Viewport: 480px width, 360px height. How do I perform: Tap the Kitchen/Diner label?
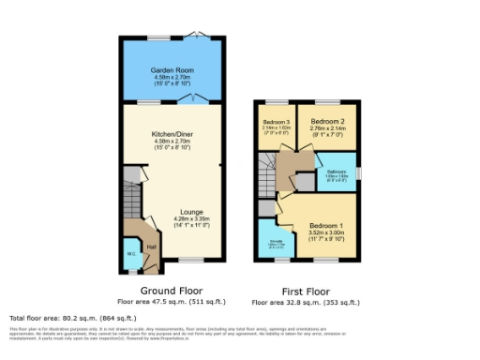click(172, 135)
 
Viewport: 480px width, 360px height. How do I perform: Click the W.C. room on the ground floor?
click(130, 253)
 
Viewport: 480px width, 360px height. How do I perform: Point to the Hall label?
click(151, 246)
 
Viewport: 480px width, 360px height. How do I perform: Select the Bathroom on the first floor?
click(337, 172)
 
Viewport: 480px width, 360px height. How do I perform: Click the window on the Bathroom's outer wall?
click(357, 173)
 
